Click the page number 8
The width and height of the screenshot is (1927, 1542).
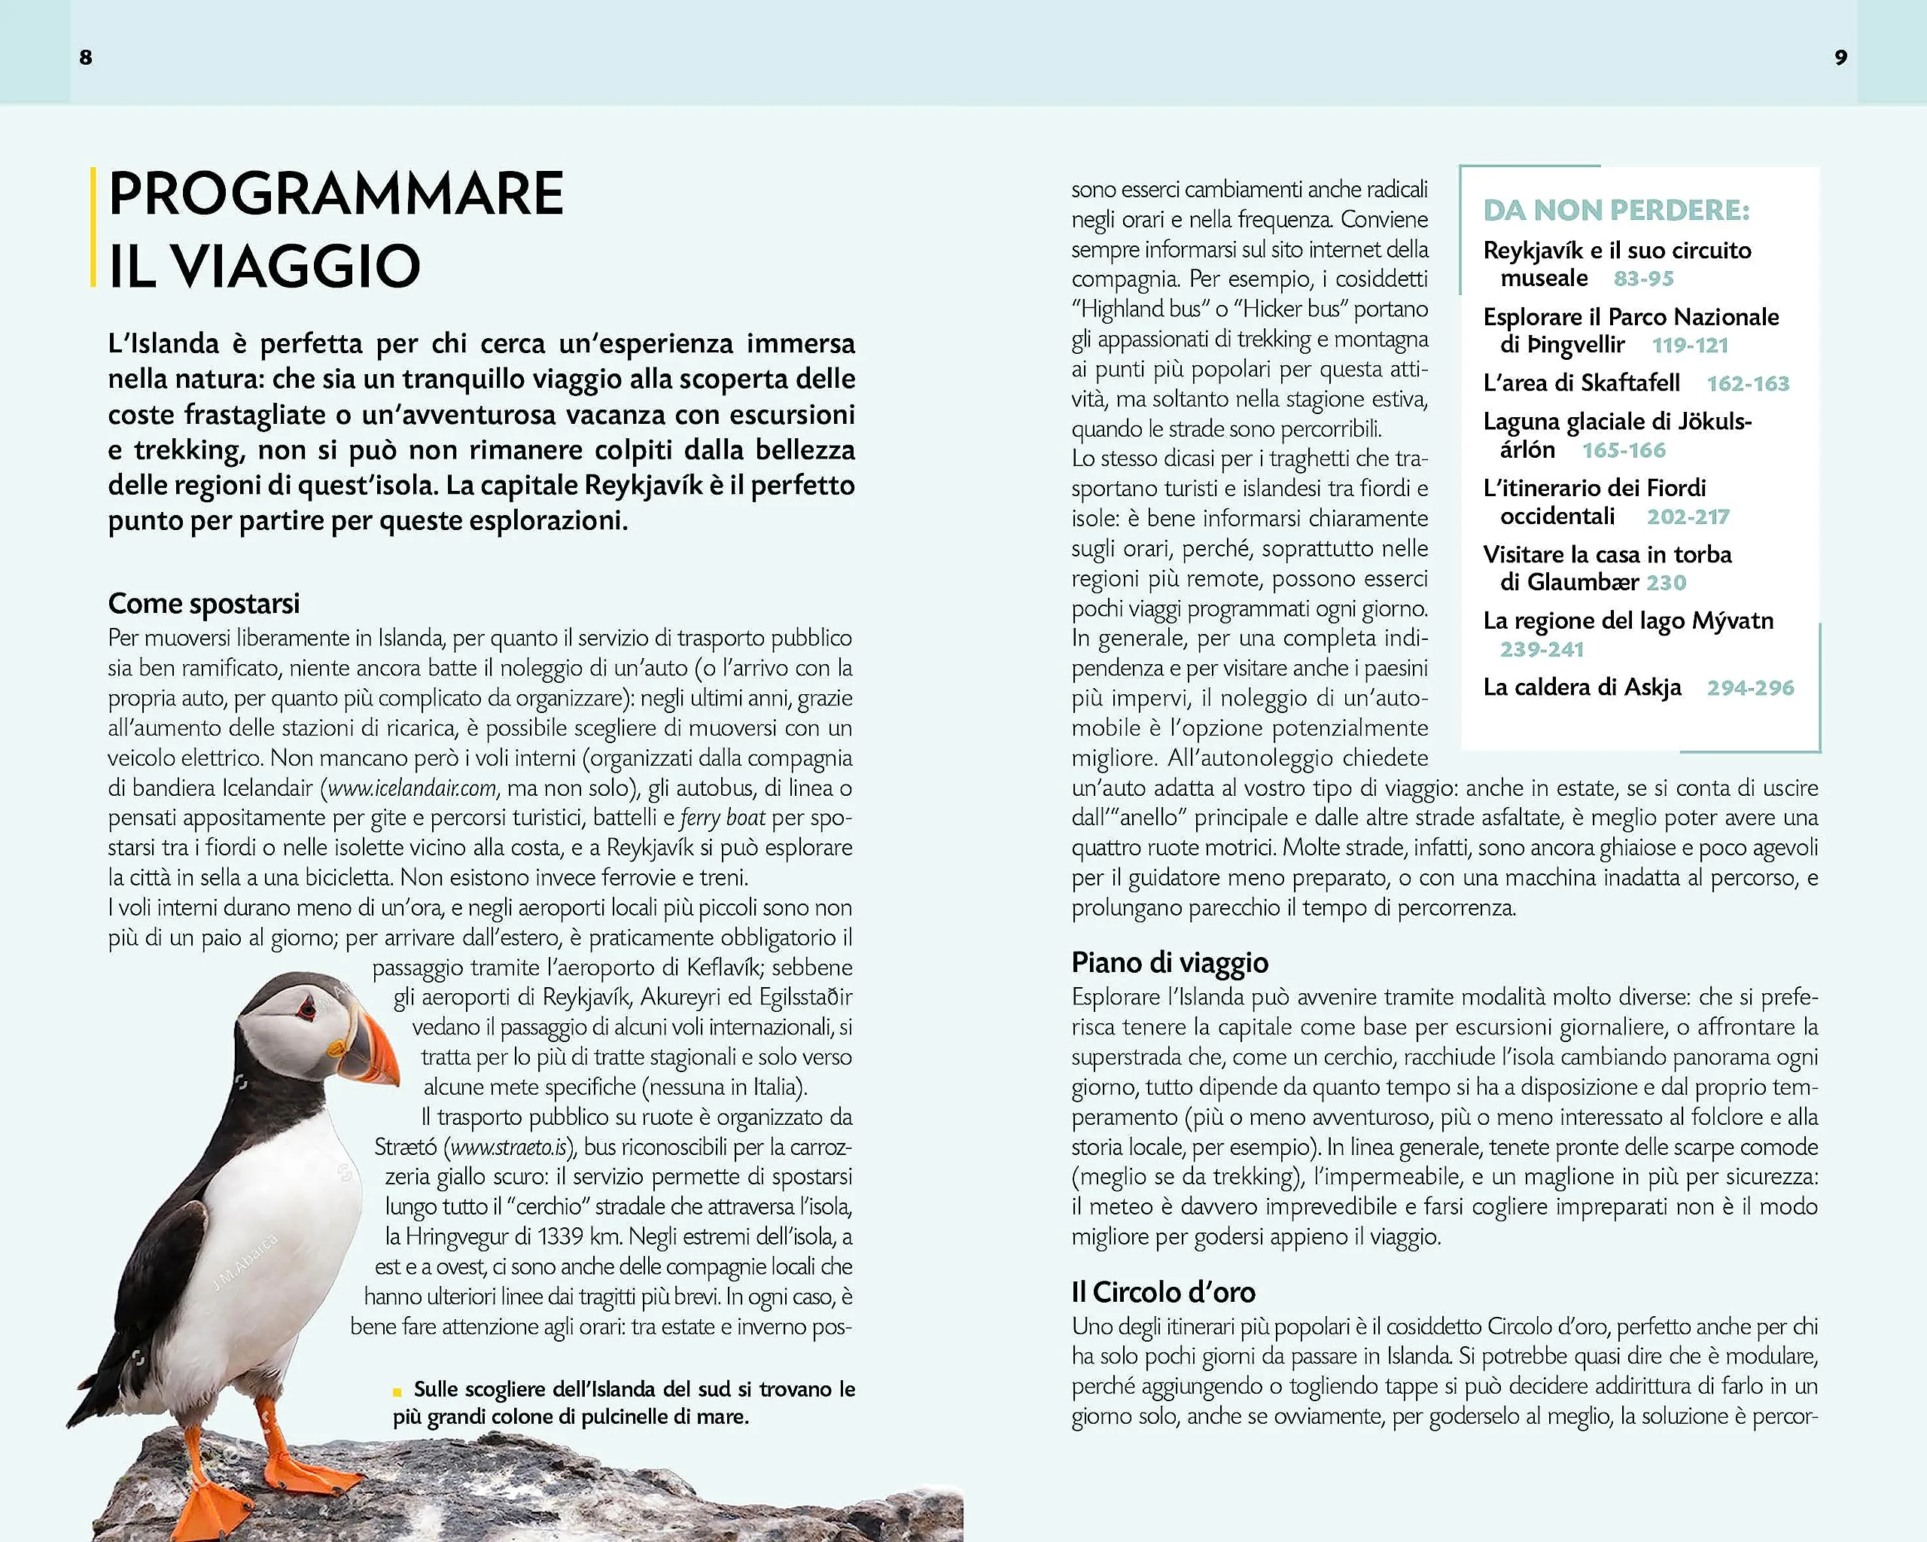86,57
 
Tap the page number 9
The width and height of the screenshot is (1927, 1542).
1840,57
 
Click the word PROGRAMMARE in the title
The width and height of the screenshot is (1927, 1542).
336,194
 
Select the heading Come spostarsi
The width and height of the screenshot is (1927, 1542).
204,603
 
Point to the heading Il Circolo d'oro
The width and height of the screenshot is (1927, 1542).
1163,1292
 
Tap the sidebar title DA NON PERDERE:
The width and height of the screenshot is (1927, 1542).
1616,210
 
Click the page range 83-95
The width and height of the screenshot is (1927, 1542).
1642,279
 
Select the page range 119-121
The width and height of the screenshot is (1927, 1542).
1689,345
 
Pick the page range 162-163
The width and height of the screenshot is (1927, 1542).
1747,383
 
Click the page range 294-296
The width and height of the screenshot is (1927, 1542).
1750,687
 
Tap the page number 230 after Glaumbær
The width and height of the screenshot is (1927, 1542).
1666,583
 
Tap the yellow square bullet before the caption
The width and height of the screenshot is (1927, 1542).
397,1391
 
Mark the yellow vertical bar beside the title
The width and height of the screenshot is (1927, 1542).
93,227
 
